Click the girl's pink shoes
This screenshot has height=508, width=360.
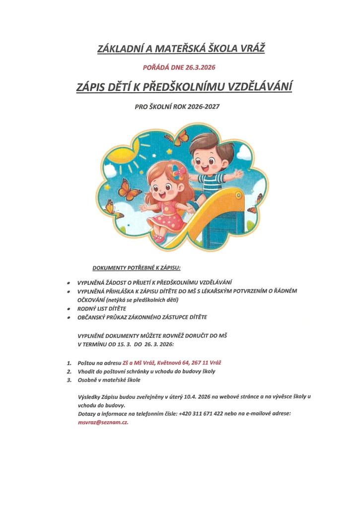[x=159, y=238]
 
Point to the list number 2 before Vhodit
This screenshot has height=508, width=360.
[x=68, y=371]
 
